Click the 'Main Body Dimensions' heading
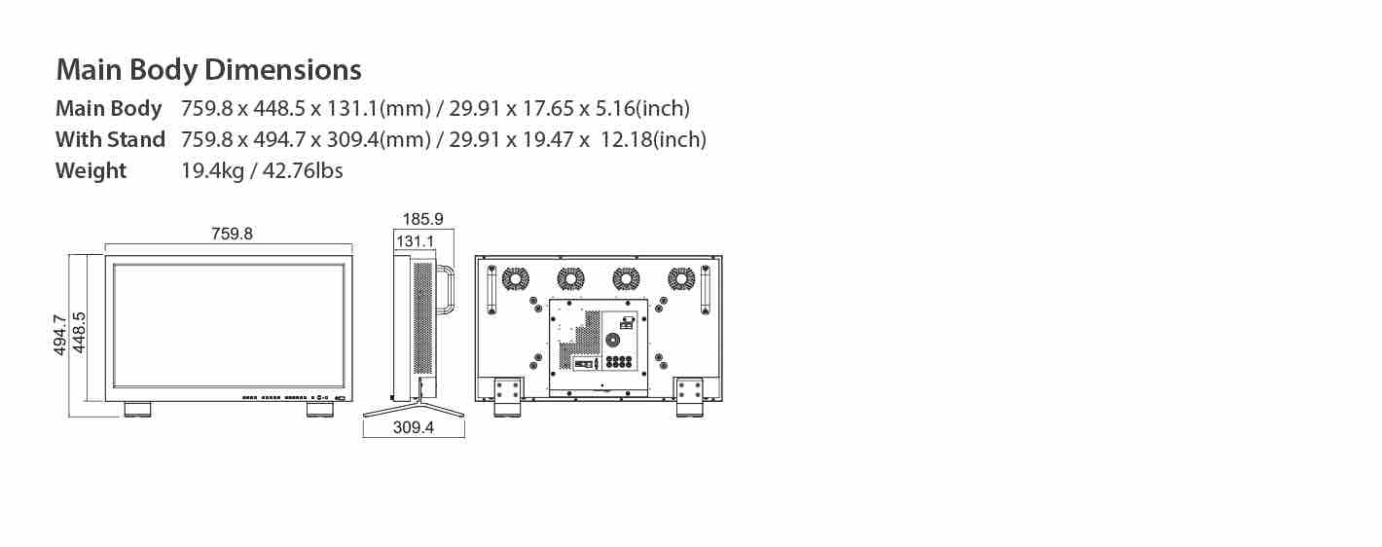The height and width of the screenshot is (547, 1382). (x=208, y=70)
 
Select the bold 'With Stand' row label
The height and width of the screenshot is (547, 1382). (x=110, y=139)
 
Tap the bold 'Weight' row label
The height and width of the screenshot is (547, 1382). (x=91, y=170)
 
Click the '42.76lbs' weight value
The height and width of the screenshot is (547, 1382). (x=303, y=170)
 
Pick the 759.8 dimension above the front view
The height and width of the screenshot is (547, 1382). (x=232, y=234)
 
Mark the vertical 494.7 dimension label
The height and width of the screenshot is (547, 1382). (x=59, y=335)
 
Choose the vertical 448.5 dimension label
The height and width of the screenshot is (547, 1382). (x=79, y=333)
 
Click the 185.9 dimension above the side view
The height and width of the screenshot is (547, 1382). (x=423, y=219)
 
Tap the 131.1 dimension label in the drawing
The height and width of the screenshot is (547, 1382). (x=415, y=241)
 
